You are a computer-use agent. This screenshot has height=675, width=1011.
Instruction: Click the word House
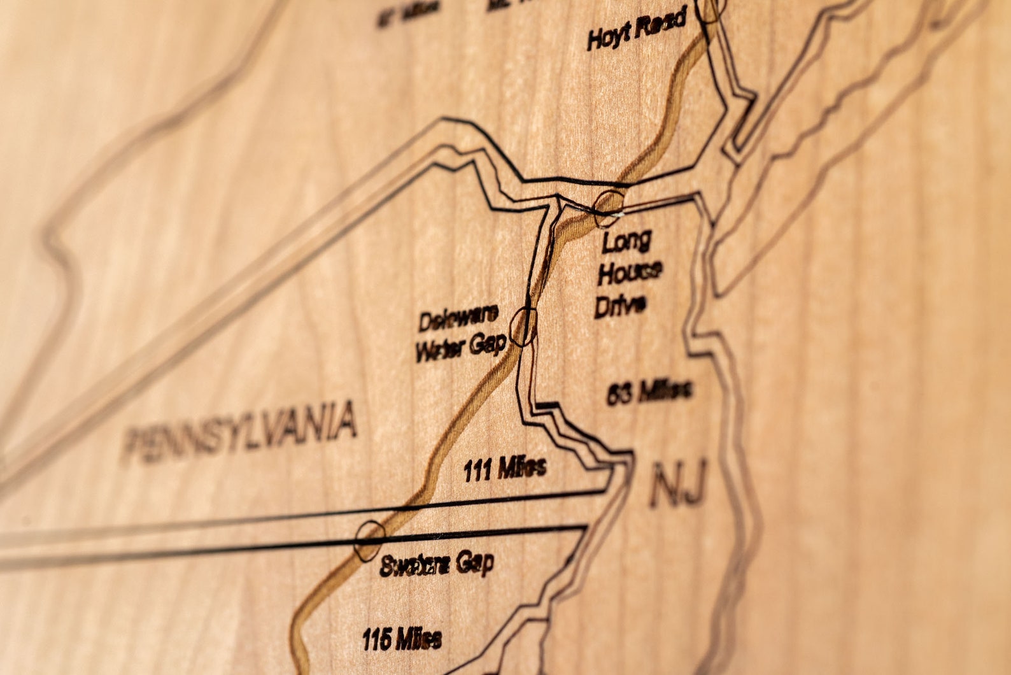click(629, 273)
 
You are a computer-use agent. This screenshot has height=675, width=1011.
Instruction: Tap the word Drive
click(620, 304)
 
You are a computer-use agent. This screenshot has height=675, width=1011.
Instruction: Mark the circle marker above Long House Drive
click(609, 206)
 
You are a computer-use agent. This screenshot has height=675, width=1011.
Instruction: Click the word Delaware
click(458, 319)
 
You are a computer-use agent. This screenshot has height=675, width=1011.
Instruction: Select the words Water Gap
click(460, 348)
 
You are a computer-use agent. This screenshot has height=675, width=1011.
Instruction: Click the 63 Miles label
click(648, 392)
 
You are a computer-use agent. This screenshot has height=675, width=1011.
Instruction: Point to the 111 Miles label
click(504, 469)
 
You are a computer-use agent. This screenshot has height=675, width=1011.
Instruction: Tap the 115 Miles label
click(402, 639)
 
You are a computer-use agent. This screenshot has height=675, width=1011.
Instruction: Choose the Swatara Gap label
click(437, 564)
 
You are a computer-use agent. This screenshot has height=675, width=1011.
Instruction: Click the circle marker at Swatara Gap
click(369, 541)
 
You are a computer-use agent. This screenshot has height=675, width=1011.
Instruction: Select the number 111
click(478, 471)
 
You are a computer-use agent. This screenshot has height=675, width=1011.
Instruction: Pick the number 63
click(619, 394)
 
